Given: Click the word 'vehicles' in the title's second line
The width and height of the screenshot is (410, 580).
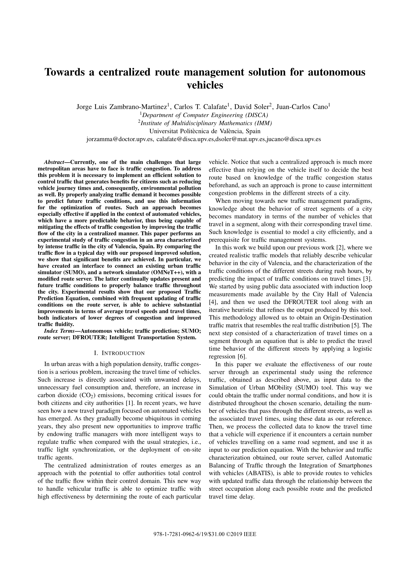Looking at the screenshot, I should (x=205, y=85).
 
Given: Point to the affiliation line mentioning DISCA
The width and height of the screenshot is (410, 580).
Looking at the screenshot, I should (x=205, y=115).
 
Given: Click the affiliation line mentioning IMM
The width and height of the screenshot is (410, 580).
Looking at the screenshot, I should (x=205, y=123).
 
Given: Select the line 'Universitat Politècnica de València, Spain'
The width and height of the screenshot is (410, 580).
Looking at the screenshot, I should (x=205, y=131).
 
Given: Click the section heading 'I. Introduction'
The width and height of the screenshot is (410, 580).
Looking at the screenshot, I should (x=119, y=353).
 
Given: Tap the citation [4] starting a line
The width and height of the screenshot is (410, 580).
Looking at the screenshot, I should (x=213, y=302).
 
